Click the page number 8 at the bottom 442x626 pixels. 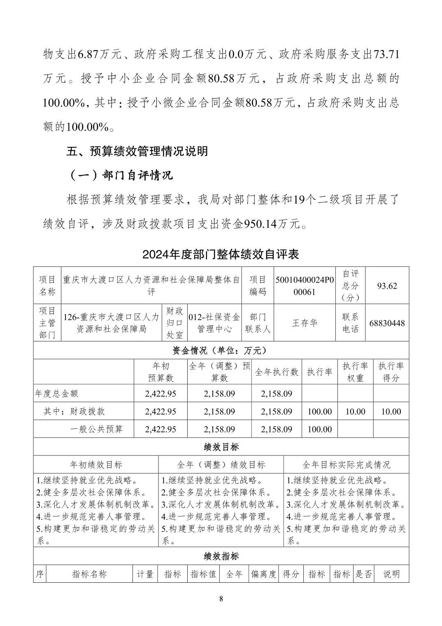pos(221,598)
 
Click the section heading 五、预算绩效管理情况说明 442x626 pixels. pos(137,151)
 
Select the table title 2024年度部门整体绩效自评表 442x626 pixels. pos(221,254)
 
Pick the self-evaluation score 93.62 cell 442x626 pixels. pos(387,285)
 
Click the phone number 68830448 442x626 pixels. pos(387,323)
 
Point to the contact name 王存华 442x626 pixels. pos(305,323)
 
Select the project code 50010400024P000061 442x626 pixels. pos(305,285)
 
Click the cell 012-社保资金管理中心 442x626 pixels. pos(214,323)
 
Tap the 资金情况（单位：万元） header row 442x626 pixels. pos(221,350)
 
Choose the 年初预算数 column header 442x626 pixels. pos(161,372)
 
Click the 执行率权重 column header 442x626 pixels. pos(355,372)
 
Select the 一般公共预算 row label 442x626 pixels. pos(96,429)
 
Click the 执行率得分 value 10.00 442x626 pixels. pos(391,411)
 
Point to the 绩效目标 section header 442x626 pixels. pos(221,447)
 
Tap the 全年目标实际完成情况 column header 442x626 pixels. pos(346,465)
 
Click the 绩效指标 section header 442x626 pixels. pos(221,556)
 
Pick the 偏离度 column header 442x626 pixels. pos(264,574)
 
